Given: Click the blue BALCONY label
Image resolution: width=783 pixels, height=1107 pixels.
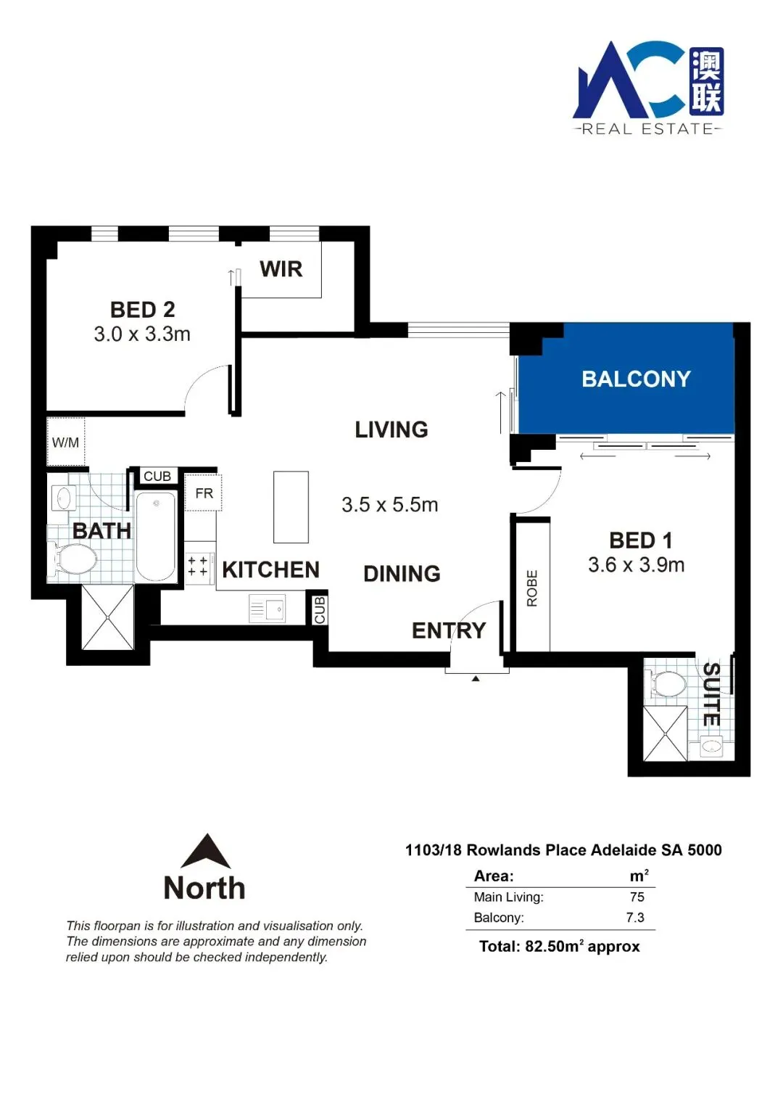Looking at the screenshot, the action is [636, 379].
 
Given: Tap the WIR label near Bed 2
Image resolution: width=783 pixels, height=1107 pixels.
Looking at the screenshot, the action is [281, 269].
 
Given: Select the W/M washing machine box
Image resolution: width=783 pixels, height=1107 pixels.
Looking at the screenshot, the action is [66, 441].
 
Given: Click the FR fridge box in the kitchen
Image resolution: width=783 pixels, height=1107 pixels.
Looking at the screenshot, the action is [203, 493].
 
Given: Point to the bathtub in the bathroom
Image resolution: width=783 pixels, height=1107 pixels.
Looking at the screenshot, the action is [156, 536].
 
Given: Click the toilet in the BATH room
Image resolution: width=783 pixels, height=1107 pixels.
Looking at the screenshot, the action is [73, 559].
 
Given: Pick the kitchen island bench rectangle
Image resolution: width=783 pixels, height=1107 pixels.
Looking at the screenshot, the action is [291, 507].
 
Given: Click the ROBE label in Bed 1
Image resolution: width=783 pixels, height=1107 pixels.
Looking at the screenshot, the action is [532, 588].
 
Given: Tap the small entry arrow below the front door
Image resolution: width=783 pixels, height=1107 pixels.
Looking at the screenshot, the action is [475, 678].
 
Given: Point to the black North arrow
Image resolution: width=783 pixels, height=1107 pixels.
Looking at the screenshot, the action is [207, 851].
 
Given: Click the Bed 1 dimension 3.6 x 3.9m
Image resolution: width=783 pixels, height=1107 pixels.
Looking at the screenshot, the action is [636, 565].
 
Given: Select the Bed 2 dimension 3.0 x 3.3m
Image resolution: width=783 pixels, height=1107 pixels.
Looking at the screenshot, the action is [142, 334].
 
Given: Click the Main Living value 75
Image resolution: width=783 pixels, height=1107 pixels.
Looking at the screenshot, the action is [637, 897].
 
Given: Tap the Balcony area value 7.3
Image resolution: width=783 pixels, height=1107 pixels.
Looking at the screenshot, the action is [635, 917].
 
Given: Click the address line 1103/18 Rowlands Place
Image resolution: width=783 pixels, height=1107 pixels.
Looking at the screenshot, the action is [563, 850].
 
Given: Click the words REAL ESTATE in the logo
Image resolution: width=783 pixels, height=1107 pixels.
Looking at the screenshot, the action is [647, 129].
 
